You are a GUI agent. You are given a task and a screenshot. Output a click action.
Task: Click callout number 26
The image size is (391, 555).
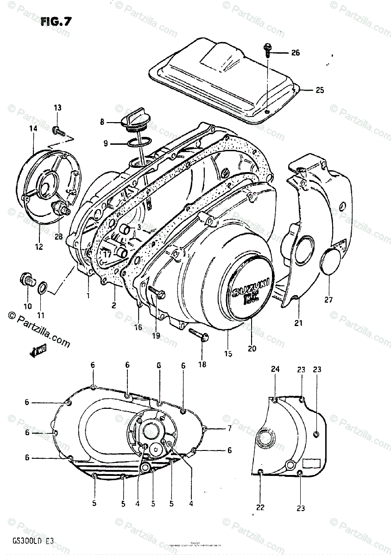[x=295, y=53]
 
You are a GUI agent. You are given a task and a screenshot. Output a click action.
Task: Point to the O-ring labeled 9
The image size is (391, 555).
[x=138, y=143]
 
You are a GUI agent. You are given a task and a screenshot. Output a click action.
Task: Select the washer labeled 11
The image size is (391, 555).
[x=41, y=288]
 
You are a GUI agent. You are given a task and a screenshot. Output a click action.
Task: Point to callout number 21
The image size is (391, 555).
[x=298, y=323]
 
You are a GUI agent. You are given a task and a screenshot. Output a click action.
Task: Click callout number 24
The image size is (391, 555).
[x=275, y=369]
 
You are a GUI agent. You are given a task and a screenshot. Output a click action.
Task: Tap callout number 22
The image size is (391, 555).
[x=260, y=507]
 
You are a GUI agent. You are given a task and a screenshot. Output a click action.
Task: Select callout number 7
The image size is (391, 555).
[x=229, y=429]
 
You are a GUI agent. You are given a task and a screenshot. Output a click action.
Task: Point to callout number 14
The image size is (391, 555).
[x=33, y=129]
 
